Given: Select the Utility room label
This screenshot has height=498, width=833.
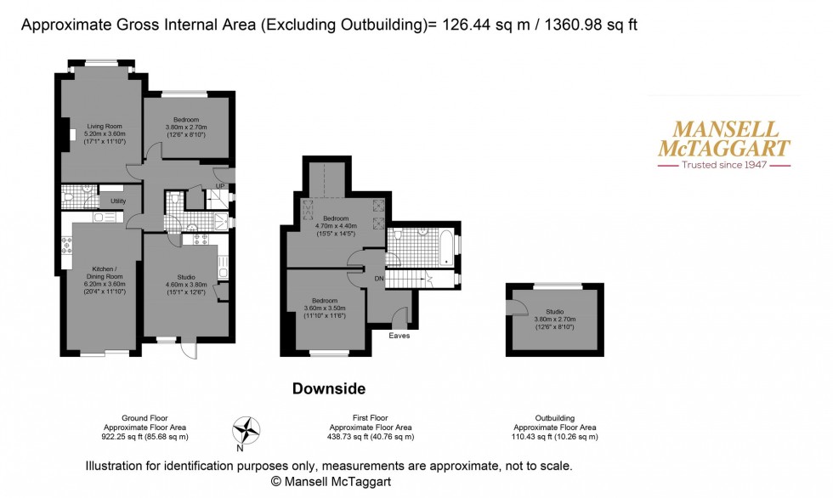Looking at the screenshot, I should [x=118, y=201].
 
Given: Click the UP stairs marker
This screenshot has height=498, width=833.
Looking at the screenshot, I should [x=219, y=185].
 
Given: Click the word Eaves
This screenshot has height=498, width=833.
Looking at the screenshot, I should [x=399, y=336].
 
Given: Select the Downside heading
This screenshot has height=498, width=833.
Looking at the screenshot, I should [x=328, y=389].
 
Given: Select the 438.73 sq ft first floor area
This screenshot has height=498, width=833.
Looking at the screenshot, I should [x=372, y=437].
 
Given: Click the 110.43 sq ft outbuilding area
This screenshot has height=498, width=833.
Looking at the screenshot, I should [x=556, y=437].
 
